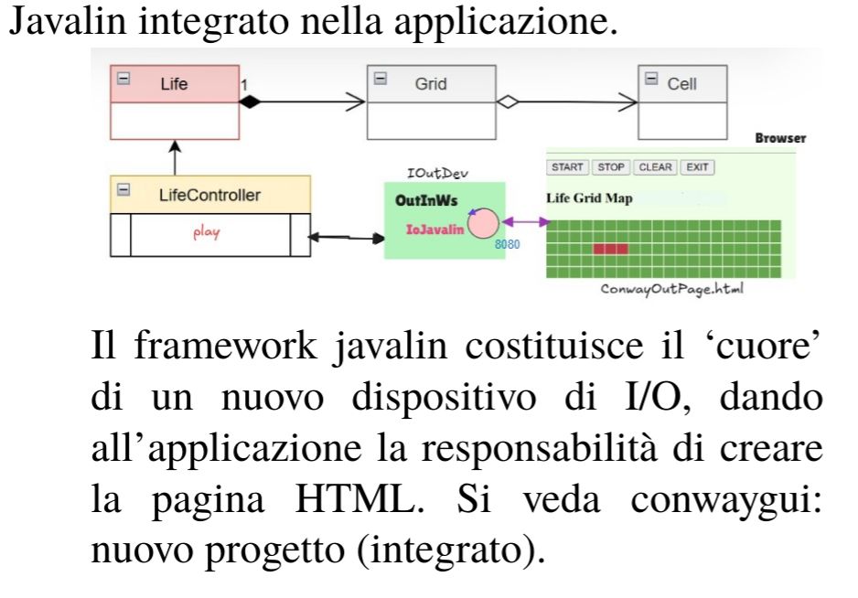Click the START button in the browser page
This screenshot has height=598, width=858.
click(x=567, y=167)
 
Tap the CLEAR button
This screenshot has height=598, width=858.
click(x=655, y=167)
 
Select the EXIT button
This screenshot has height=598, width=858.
click(x=698, y=167)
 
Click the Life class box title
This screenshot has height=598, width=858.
click(x=174, y=83)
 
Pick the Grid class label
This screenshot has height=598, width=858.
click(x=431, y=83)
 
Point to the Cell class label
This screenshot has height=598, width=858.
click(x=681, y=83)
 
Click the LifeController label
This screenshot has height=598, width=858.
click(x=209, y=195)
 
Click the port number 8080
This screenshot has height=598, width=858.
click(x=507, y=246)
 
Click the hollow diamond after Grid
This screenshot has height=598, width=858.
click(x=506, y=102)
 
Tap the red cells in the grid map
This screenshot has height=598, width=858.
click(x=610, y=249)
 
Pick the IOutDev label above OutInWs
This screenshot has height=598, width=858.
click(x=430, y=173)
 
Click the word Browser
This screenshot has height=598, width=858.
click(x=780, y=138)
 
